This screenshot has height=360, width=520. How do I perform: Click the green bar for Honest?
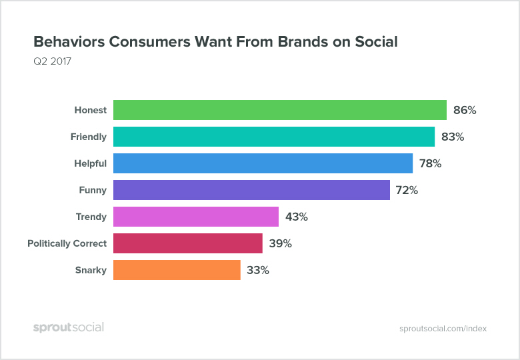(279, 110)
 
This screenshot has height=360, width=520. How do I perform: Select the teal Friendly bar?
(274, 137)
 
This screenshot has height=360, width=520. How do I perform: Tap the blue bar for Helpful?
(263, 163)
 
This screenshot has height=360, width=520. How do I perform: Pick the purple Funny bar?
(251, 190)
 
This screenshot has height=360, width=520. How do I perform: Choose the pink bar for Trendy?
(195, 217)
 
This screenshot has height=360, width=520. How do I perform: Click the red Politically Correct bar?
(187, 243)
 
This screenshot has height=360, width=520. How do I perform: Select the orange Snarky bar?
(177, 270)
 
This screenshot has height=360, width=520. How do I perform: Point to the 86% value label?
(465, 110)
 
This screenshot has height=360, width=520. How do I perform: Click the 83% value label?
(453, 137)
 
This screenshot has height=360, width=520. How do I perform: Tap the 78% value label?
(430, 163)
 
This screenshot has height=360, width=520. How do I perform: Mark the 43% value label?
(296, 217)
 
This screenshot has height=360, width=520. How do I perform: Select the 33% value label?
(257, 270)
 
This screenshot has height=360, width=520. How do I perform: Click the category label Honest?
(90, 110)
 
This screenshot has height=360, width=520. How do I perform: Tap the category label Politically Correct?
(67, 243)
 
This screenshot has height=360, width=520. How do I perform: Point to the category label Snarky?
(91, 270)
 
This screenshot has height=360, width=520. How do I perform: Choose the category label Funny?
(93, 190)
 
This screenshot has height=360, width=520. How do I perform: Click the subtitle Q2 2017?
(52, 62)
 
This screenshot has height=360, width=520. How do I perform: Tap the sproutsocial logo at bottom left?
(69, 327)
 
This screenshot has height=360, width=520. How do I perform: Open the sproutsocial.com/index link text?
(443, 328)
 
